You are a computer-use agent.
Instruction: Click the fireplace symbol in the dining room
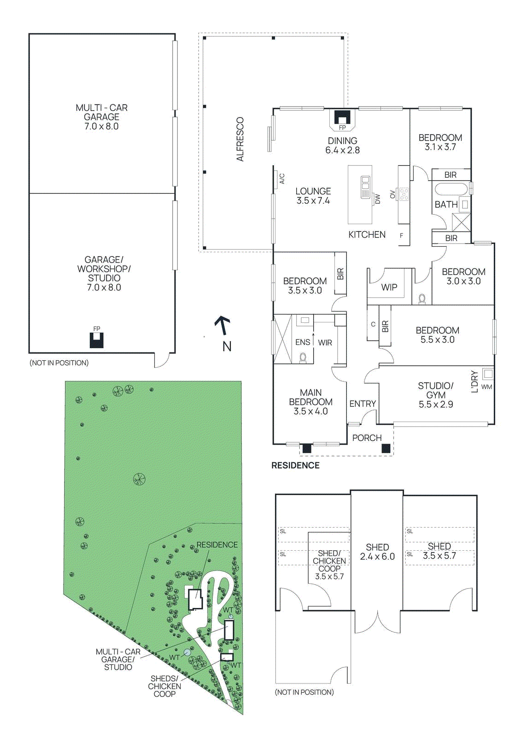342,118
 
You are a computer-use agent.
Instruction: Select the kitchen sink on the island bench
365,186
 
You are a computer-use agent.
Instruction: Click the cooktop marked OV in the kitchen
404,194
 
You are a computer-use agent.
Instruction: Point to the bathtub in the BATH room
451,190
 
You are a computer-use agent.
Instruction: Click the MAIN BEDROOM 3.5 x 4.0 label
310,402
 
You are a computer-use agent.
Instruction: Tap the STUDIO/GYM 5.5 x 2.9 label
436,395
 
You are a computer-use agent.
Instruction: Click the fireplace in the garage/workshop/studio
97,340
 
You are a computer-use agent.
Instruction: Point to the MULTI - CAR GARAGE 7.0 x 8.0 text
101,117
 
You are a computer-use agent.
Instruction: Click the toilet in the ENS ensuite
303,357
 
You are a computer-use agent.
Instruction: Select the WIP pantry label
389,287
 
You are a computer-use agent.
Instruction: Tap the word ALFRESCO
240,139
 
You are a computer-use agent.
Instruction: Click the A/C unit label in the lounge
282,179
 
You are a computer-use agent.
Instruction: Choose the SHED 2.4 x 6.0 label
377,552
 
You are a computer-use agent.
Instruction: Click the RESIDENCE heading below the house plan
295,465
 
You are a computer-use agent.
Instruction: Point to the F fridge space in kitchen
402,236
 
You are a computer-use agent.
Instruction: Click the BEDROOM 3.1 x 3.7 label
440,142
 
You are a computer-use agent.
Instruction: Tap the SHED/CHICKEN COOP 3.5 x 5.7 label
329,565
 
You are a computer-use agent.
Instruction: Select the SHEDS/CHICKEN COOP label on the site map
164,686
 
